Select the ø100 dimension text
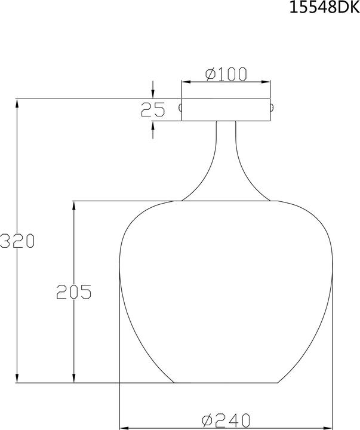point(226,74)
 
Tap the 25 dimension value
point(152,109)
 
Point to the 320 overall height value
point(17,241)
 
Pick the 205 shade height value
point(73,291)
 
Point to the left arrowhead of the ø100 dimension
point(186,82)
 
